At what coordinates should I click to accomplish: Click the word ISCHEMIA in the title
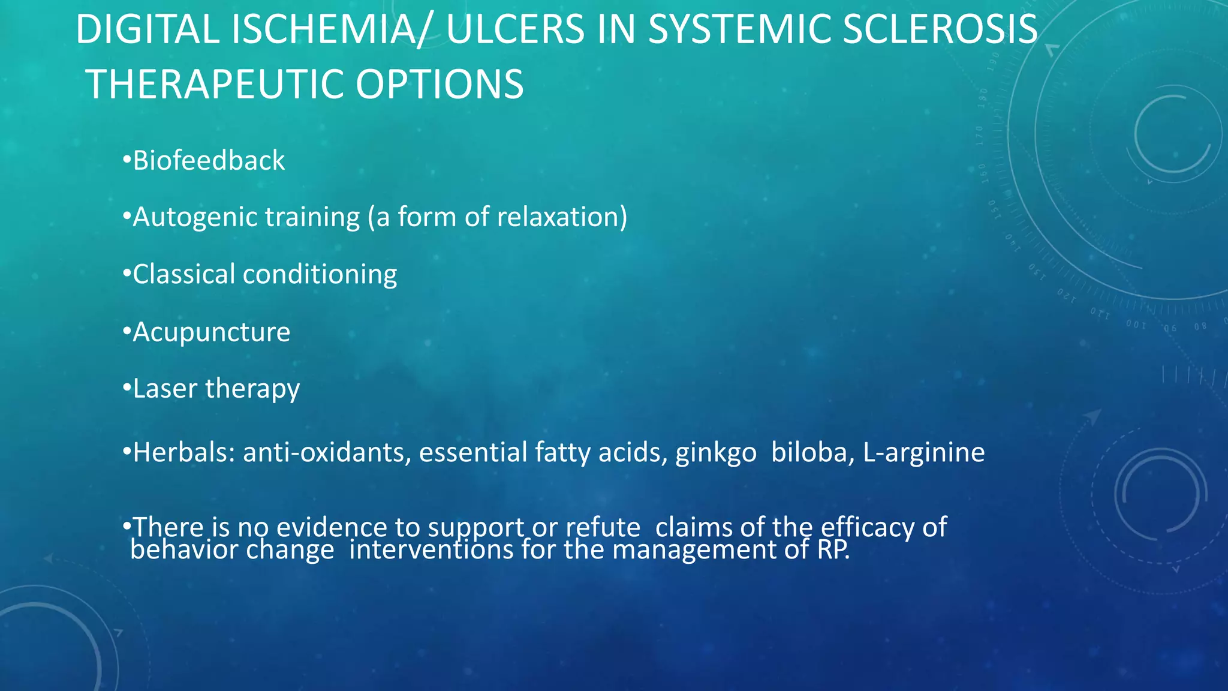[323, 29]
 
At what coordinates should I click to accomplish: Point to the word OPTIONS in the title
[440, 84]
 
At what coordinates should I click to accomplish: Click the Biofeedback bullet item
[208, 161]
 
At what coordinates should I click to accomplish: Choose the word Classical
[183, 275]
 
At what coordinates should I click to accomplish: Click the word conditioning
[320, 275]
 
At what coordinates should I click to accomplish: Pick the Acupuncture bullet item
[211, 332]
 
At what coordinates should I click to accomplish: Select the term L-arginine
[923, 453]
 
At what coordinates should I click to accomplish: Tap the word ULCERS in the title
[515, 29]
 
